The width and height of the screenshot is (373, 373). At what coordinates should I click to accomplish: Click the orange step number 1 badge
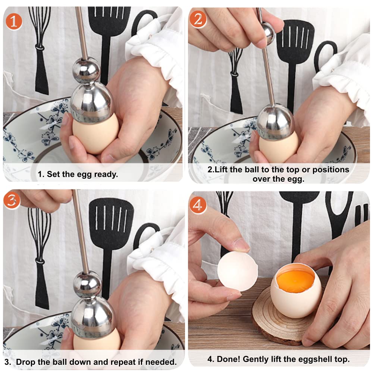(14, 21)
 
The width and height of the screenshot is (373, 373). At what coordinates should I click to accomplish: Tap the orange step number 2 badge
(198, 19)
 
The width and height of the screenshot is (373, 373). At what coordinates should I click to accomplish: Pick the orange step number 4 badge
(198, 205)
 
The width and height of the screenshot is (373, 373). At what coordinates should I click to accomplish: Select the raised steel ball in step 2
(267, 32)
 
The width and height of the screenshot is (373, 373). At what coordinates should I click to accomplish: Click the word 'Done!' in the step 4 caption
(228, 360)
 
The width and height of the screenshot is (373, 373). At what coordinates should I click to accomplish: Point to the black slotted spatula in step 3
(111, 228)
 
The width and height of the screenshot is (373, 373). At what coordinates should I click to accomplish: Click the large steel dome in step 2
(275, 122)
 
